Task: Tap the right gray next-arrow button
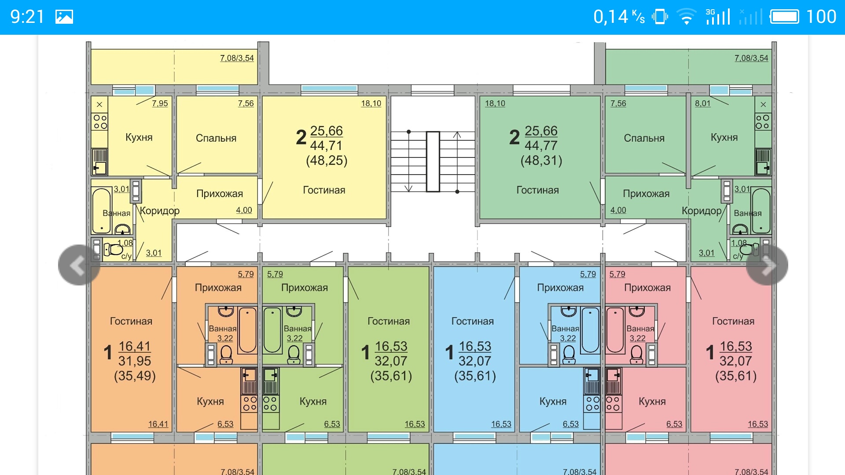pos(767,265)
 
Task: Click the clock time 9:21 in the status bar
pos(27,17)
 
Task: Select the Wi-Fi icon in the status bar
pos(686,17)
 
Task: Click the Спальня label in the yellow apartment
pos(216,138)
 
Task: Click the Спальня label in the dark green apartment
pos(644,138)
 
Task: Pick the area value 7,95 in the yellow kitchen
pos(160,103)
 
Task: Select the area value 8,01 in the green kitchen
pos(702,103)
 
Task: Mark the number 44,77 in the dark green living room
pos(541,146)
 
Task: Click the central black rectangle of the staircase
pos(433,161)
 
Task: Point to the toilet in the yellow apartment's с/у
pos(114,250)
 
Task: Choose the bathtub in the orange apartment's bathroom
pos(247,330)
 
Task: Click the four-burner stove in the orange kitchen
pos(250,404)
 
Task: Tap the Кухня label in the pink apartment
pos(652,402)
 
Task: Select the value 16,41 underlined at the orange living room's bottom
pos(158,424)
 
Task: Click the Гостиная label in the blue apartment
pos(472,321)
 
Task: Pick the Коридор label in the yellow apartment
pos(160,211)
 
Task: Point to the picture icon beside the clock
pos(64,17)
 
